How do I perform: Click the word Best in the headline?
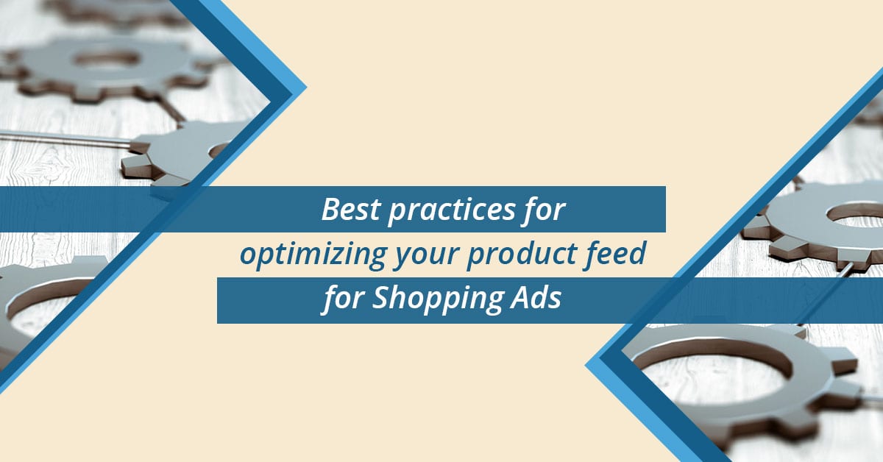351,210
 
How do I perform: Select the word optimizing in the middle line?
313,255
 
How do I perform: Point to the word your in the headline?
427,257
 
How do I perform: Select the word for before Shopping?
343,299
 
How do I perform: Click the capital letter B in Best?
330,210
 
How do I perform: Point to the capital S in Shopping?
381,297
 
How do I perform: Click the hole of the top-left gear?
107,59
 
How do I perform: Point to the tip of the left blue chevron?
306,88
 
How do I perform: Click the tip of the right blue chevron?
586,365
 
